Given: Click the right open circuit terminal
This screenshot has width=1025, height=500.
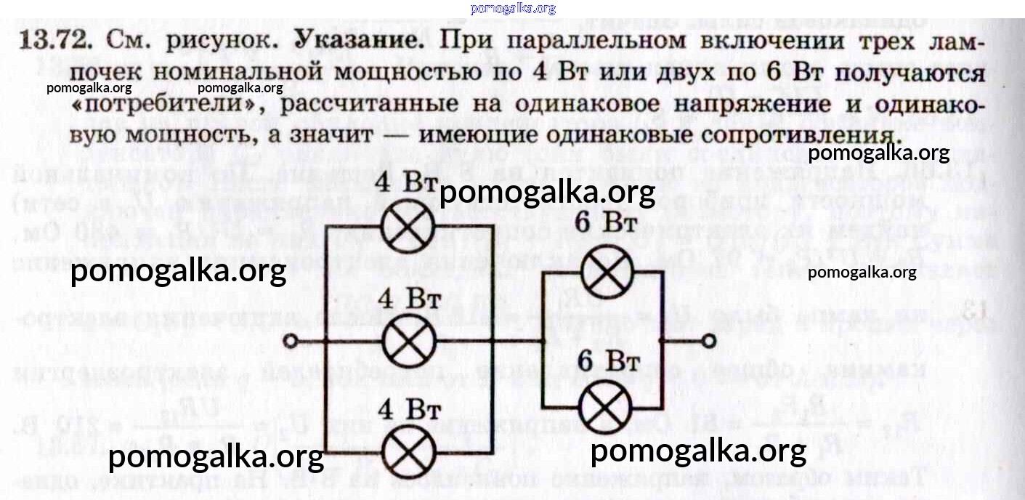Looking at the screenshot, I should pyautogui.click(x=708, y=340).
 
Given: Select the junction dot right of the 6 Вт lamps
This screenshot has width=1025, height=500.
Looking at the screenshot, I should pyautogui.click(x=660, y=340).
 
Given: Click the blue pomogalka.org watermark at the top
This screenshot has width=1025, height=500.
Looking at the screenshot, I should pyautogui.click(x=513, y=8).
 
